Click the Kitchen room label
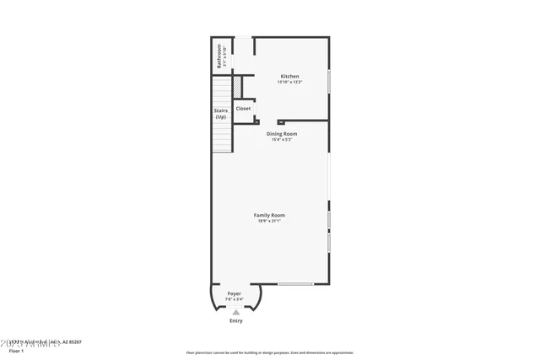(289, 77)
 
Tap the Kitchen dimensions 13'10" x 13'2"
(289, 83)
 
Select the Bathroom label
(219, 56)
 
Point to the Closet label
(243, 109)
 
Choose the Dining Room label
(283, 133)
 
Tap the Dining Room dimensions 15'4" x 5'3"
(283, 139)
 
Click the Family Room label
(270, 215)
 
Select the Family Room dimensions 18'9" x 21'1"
(270, 221)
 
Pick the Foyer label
(235, 293)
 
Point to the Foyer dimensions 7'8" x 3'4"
(235, 299)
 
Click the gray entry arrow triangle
(236, 312)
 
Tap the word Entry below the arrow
(236, 320)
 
